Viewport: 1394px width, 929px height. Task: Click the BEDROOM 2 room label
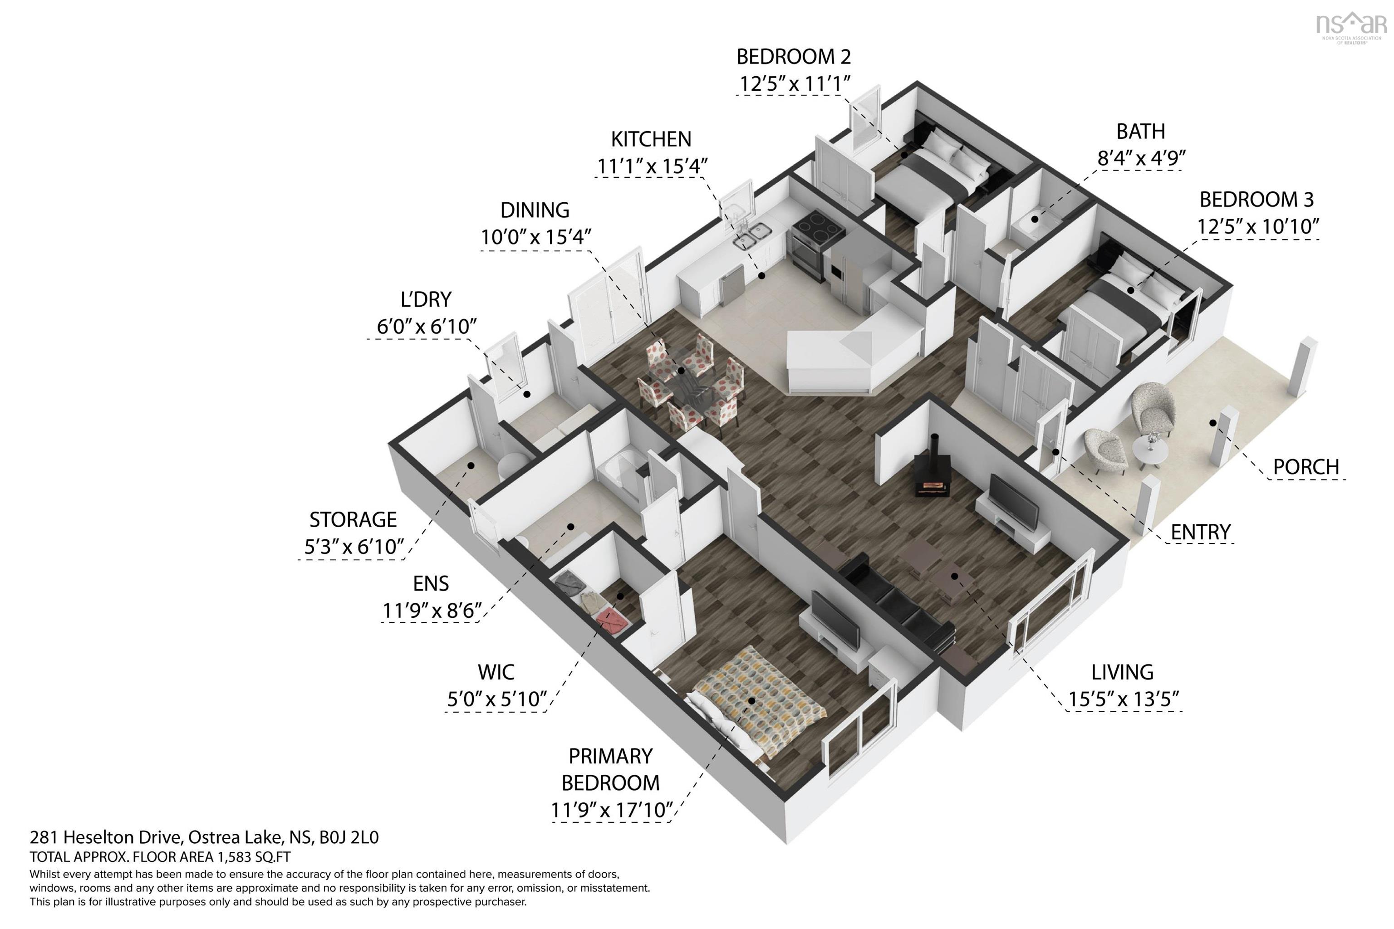pyautogui.click(x=793, y=57)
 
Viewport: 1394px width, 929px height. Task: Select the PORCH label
pyautogui.click(x=1306, y=467)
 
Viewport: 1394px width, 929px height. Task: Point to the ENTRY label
pyautogui.click(x=1201, y=532)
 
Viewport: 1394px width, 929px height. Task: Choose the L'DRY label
pyautogui.click(x=426, y=299)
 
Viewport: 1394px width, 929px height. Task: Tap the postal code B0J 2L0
pyautogui.click(x=349, y=837)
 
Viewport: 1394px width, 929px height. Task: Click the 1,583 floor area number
pyautogui.click(x=234, y=857)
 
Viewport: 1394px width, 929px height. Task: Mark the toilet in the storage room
pyautogui.click(x=512, y=466)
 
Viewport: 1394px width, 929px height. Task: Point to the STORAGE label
pyautogui.click(x=353, y=519)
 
